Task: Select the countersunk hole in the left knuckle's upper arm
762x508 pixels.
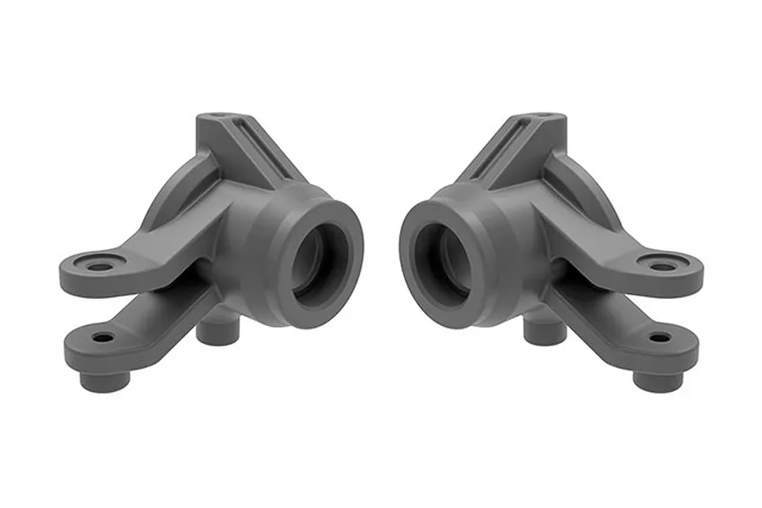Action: click(99, 267)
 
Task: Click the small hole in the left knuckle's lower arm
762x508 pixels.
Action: click(103, 338)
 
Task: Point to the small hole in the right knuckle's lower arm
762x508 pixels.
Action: click(659, 338)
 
